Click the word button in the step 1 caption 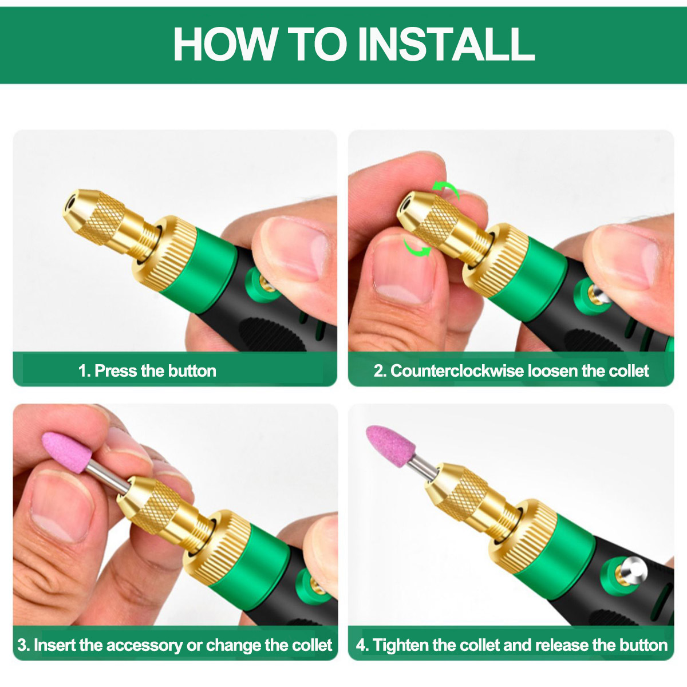click(x=192, y=371)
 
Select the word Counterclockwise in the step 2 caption click(x=457, y=371)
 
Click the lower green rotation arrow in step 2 click(x=417, y=248)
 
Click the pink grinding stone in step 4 click(x=390, y=445)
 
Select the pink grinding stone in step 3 click(x=67, y=452)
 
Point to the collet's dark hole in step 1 click(x=71, y=203)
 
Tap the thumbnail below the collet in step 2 click(x=404, y=273)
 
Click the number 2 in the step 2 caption click(x=378, y=371)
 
